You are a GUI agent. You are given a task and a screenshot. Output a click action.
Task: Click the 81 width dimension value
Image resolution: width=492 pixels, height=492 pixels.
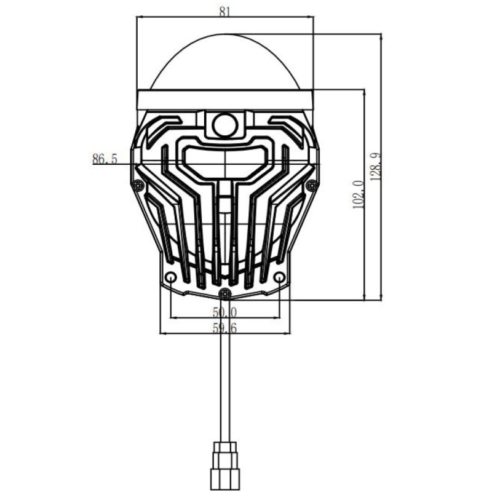tap(224, 12)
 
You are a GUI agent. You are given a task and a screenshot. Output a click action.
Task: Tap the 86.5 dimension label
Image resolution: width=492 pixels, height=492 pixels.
tap(105, 159)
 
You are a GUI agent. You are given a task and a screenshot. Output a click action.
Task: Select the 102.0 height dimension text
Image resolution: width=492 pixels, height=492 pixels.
tap(358, 194)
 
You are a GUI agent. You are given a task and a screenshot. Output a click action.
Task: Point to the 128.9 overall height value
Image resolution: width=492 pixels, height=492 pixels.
tap(376, 166)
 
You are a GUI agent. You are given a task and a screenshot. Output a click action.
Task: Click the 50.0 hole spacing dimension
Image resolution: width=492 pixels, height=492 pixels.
tap(224, 312)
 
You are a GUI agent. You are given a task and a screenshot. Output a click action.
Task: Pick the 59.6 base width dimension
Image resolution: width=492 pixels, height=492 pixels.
tap(224, 328)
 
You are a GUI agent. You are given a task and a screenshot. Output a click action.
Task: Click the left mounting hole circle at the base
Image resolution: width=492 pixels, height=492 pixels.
tap(171, 277)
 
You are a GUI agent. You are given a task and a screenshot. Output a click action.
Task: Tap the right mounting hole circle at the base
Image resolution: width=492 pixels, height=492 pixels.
tap(279, 277)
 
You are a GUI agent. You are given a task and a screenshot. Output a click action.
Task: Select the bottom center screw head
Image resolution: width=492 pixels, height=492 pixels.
tap(225, 294)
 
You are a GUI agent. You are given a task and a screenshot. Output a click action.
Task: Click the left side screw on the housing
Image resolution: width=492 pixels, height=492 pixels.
tap(138, 186)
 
